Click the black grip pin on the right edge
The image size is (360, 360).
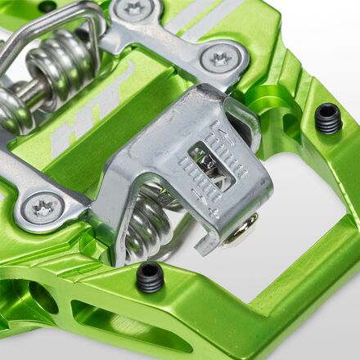tap(327, 119)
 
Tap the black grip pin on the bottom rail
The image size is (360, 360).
tap(151, 278)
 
